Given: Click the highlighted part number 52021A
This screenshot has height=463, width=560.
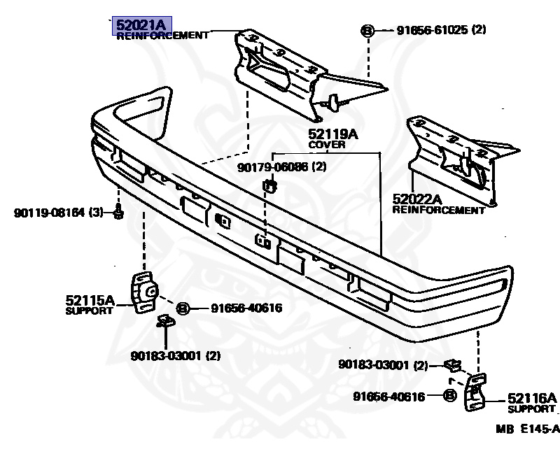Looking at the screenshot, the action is [141, 25].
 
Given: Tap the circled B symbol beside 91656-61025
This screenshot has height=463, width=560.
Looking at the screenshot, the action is [367, 30].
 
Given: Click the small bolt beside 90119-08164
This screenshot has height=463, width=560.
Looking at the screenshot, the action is [118, 211].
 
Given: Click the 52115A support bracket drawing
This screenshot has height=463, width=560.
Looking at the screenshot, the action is [144, 292].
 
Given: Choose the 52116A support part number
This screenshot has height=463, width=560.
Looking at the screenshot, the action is [531, 398].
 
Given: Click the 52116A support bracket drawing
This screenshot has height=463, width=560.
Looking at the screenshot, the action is [474, 394].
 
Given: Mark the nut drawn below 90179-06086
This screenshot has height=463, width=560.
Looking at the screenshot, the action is [270, 185].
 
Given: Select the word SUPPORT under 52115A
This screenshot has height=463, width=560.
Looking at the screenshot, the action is [89, 311].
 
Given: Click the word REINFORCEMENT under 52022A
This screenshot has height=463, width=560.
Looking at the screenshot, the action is [438, 210].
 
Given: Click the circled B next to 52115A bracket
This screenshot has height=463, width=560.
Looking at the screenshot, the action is [182, 308].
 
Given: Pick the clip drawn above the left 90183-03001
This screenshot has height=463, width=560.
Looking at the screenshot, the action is [165, 321].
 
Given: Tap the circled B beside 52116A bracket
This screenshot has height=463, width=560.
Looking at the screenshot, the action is [449, 397].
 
